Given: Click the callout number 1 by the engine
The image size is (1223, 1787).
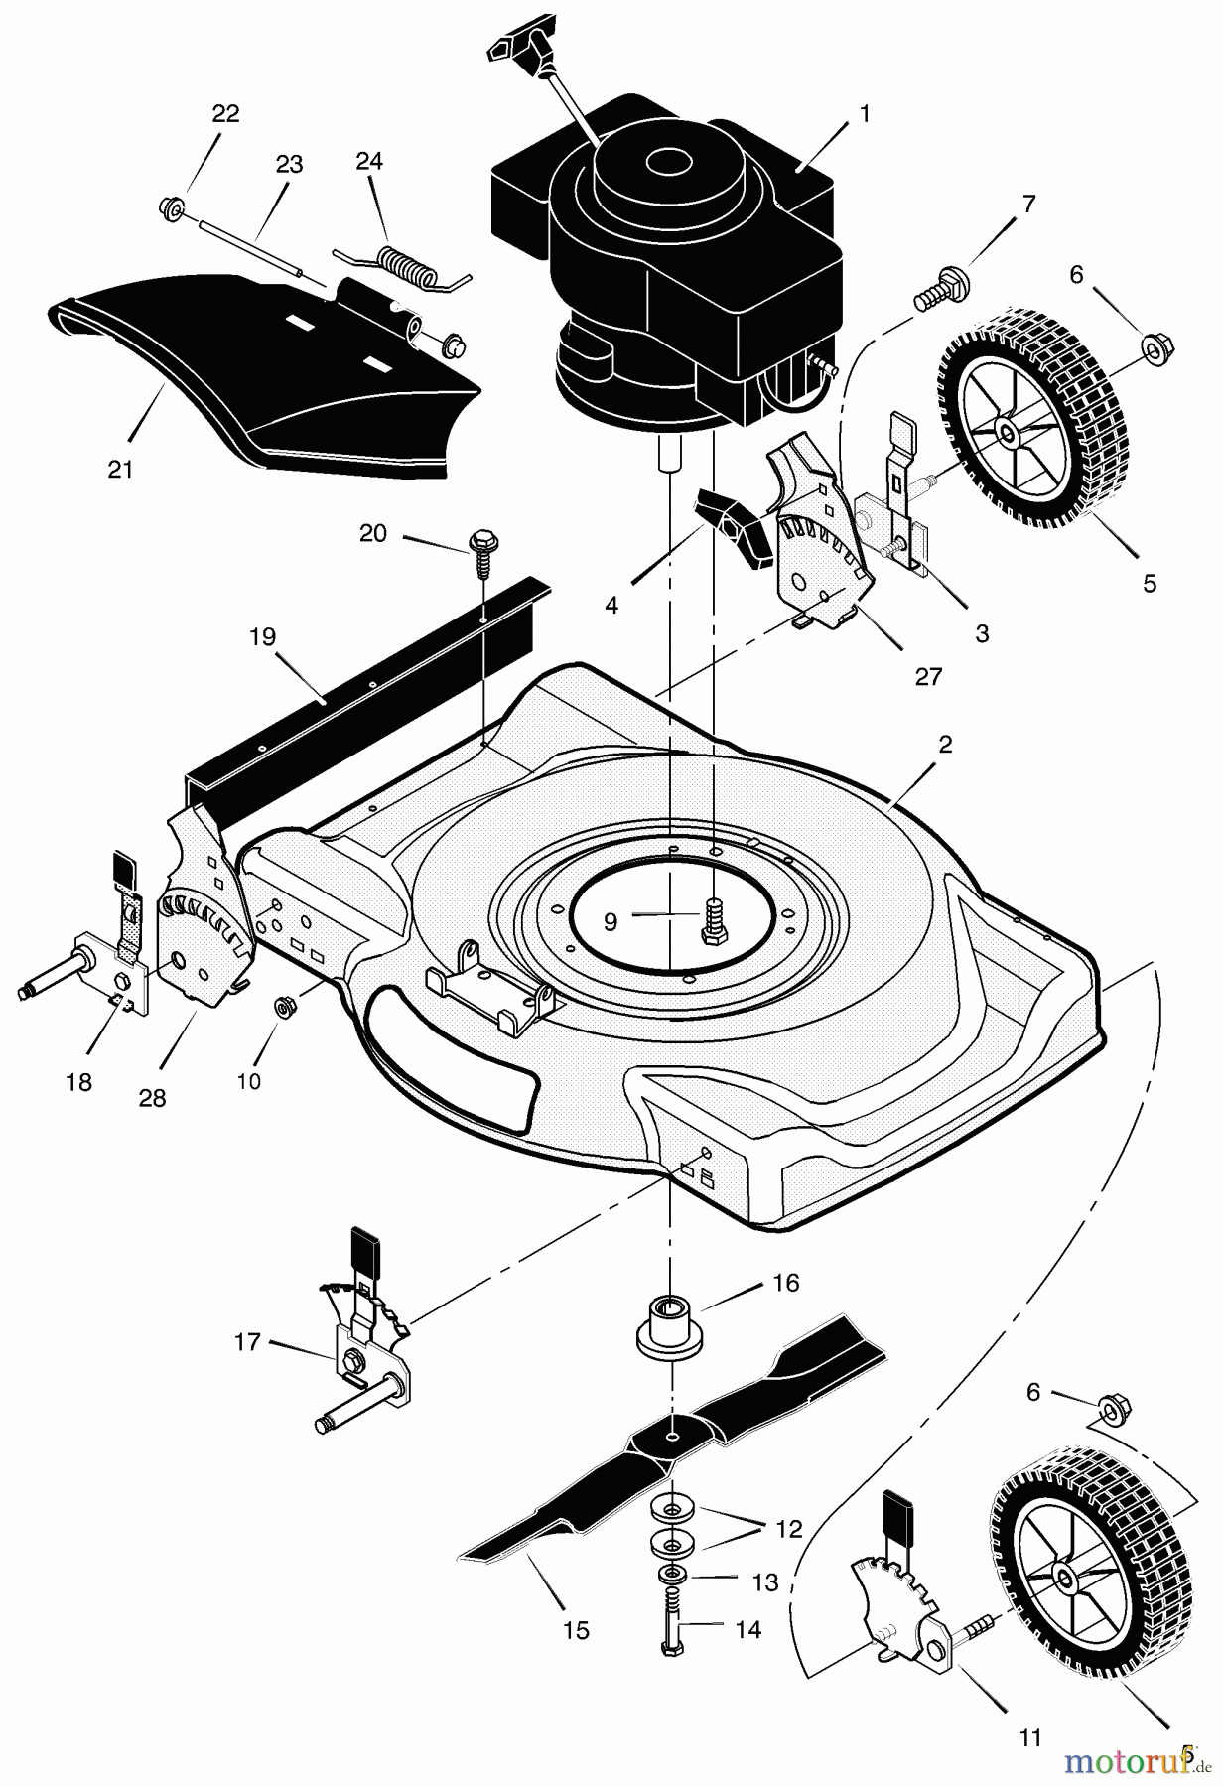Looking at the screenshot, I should pos(864,114).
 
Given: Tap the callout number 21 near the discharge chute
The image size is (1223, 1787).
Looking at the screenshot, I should pos(120,470).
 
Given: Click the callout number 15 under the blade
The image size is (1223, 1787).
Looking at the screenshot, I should pos(576,1630).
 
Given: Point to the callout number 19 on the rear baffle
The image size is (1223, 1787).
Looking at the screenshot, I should pos(262,637).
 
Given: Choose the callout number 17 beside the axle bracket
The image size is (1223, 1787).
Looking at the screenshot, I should pos(247,1342).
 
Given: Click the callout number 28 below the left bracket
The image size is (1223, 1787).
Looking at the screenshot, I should pos(153,1099).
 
